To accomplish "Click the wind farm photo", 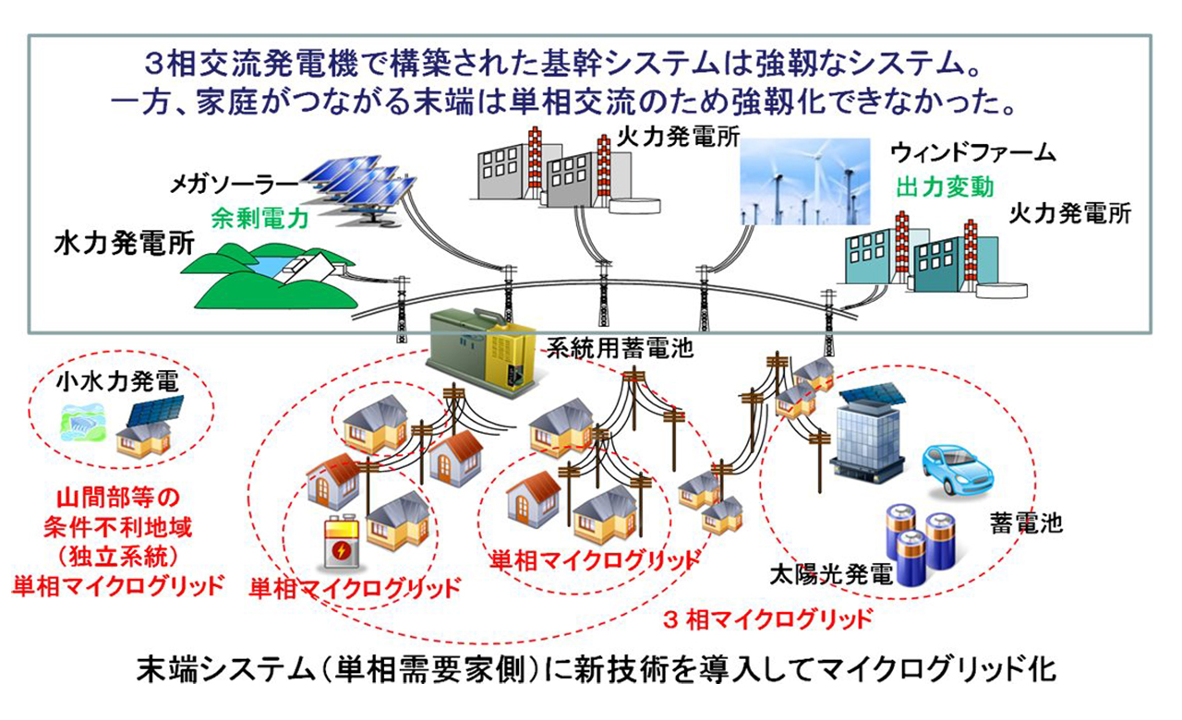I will click(x=806, y=182).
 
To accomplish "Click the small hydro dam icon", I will click(x=82, y=427).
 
